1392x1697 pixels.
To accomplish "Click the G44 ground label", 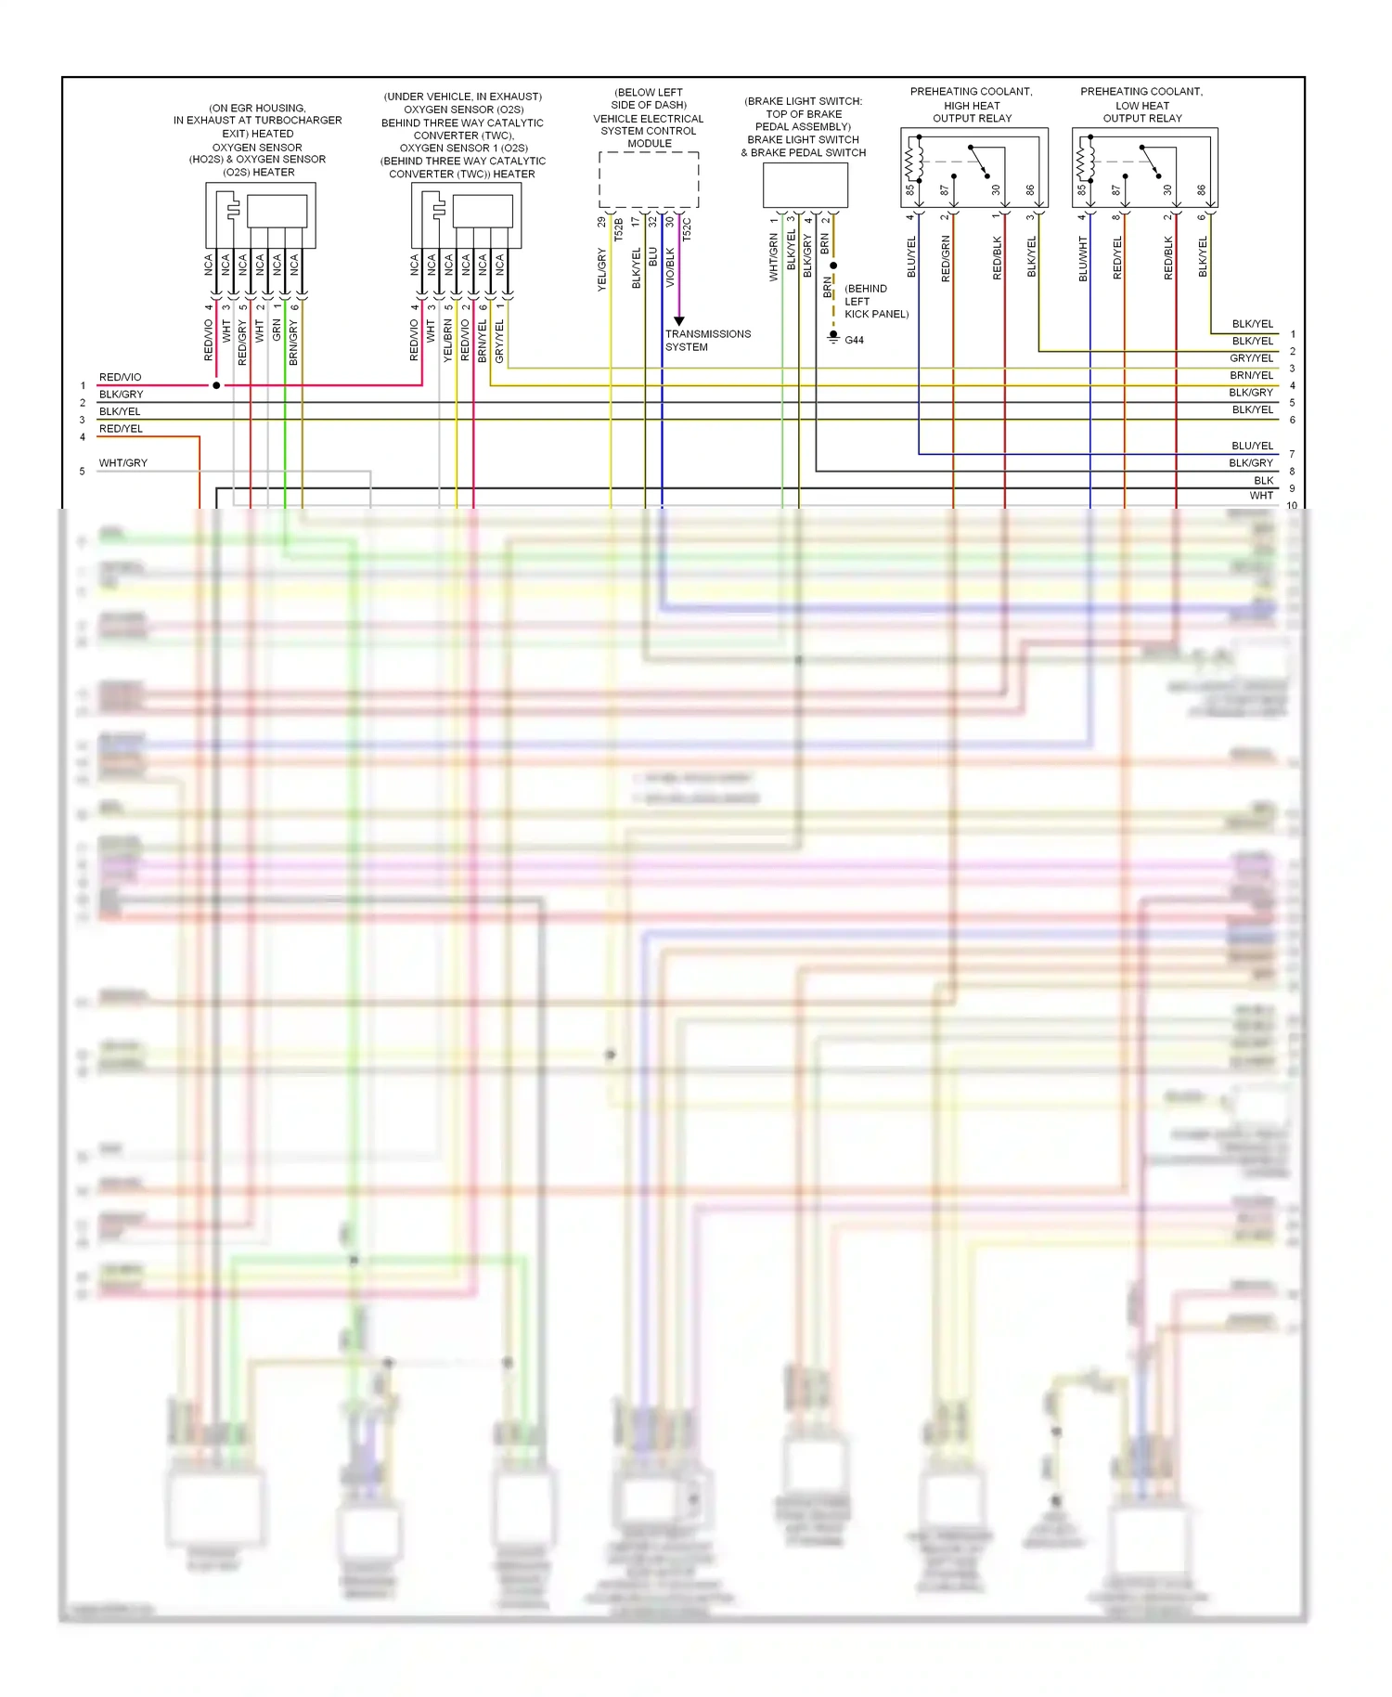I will click(854, 341).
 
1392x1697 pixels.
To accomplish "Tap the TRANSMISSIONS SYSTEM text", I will click(707, 341).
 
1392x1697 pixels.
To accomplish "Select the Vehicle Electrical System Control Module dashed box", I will click(649, 180).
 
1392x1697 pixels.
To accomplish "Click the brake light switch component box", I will click(805, 186).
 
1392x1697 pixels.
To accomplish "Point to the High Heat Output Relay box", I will click(973, 167).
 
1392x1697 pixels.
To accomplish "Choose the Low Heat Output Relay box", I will click(1144, 167).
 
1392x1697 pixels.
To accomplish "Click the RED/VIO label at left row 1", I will click(121, 377).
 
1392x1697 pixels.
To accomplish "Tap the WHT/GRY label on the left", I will click(123, 463).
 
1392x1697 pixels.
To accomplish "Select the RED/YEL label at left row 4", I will click(121, 429).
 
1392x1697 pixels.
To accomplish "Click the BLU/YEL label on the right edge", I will click(1252, 446).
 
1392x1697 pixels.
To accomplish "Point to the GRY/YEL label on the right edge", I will click(1251, 358).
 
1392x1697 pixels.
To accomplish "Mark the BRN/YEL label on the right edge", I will click(1251, 375).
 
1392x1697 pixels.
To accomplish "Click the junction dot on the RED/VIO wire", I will click(216, 385).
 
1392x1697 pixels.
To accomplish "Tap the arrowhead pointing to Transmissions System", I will click(679, 321).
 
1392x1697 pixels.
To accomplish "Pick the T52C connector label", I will click(687, 229).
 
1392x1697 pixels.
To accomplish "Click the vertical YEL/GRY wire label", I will click(601, 270).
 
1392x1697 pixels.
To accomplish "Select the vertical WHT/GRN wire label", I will click(774, 257).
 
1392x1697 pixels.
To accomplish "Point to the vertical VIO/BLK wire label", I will click(670, 267).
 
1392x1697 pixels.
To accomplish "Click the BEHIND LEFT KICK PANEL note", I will click(875, 302).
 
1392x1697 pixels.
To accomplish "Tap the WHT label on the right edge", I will click(1261, 496).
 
